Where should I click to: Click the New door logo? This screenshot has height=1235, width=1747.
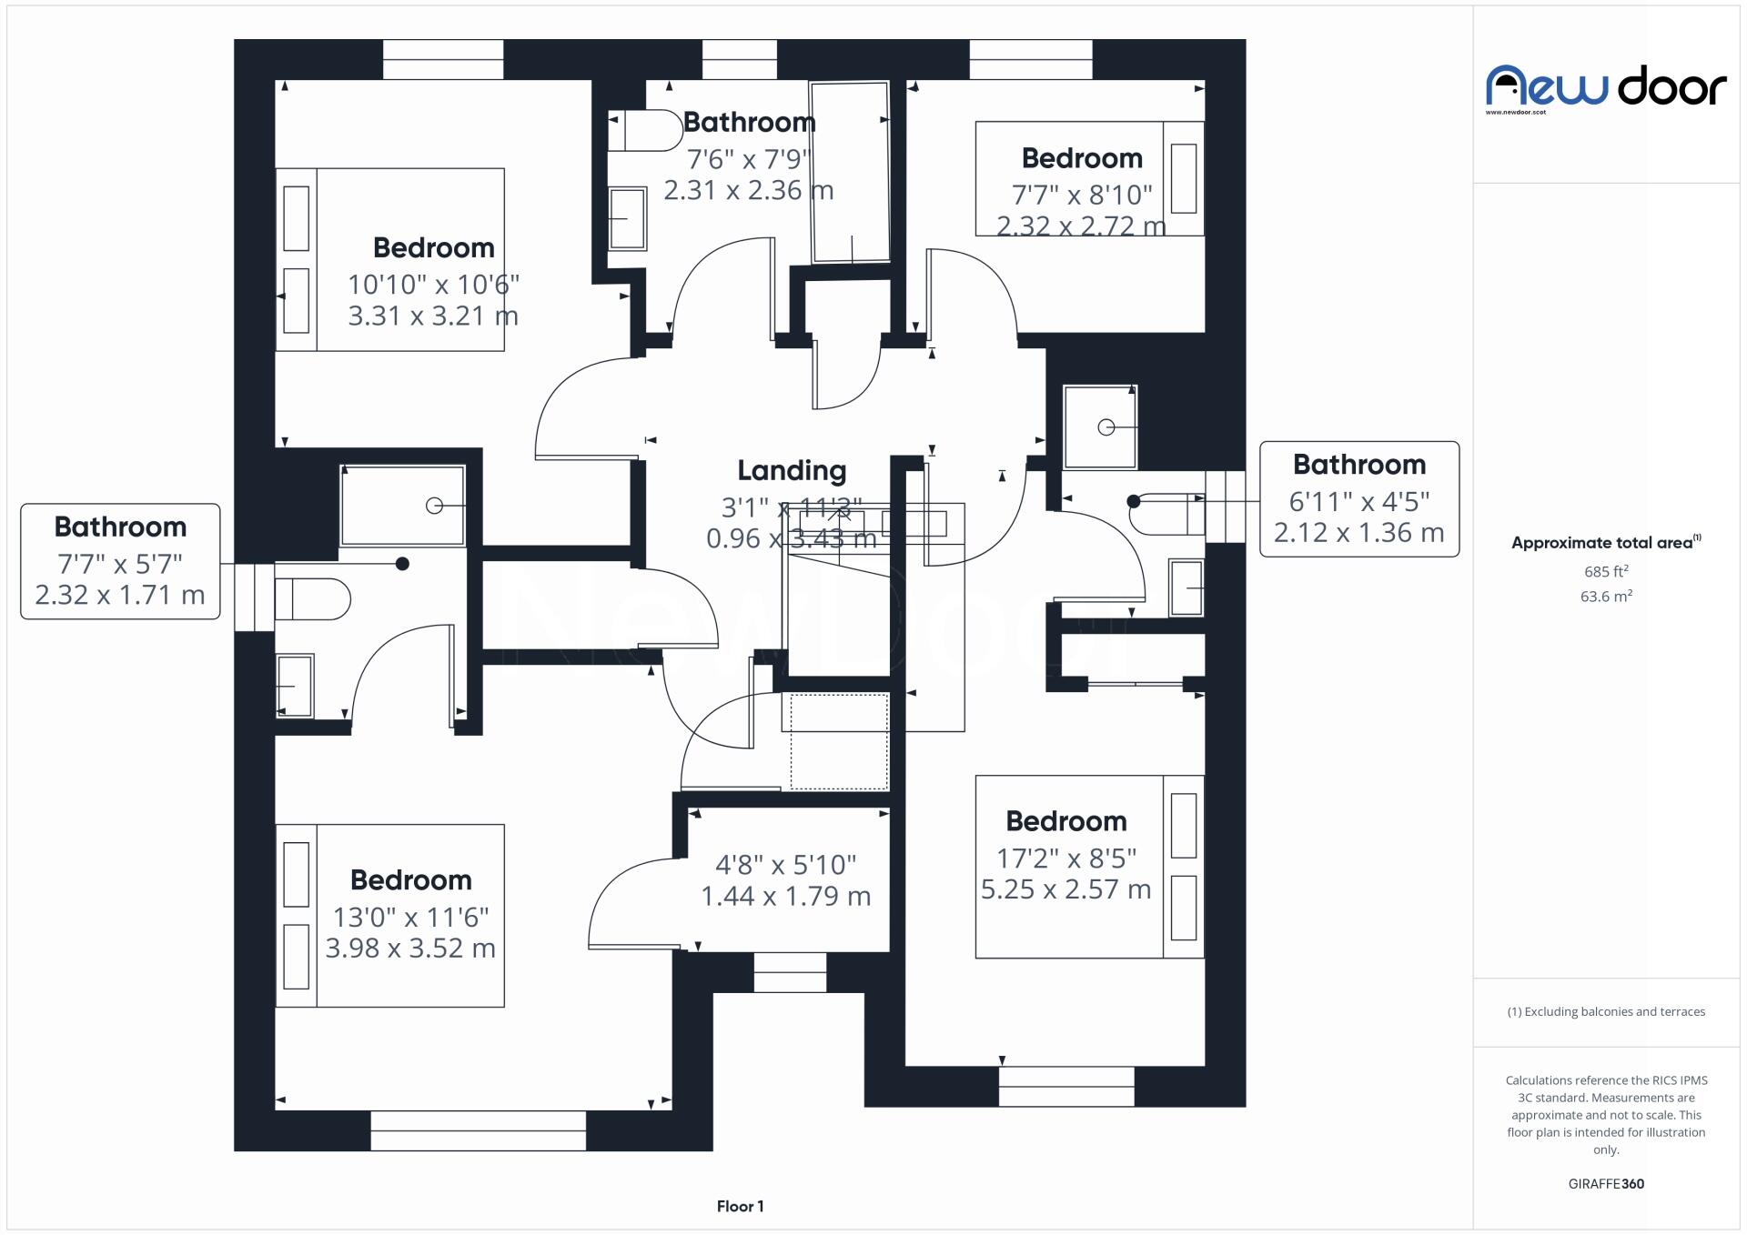[x=1605, y=88]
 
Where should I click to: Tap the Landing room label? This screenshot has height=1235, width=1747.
[x=791, y=470]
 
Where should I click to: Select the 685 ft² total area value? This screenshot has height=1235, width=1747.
[x=1605, y=572]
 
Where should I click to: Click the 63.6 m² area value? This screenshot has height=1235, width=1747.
[x=1605, y=597]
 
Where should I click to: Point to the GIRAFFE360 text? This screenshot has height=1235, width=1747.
[x=1606, y=1183]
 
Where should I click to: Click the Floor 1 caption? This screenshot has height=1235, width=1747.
[x=740, y=1206]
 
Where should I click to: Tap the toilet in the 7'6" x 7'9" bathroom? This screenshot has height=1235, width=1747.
[x=647, y=131]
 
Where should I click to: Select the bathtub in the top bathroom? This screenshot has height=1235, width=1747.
[x=850, y=172]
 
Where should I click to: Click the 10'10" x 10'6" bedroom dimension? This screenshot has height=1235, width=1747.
[x=433, y=285]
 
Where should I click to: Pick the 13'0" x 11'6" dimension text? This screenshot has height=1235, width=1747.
[x=410, y=917]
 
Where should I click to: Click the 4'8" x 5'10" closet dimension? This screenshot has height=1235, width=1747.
[x=785, y=864]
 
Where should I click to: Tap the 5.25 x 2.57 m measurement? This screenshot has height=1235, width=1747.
[x=1065, y=889]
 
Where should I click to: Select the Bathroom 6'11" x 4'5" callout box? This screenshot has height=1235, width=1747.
[x=1358, y=498]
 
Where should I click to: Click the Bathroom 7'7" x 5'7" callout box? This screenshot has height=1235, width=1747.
[x=120, y=561]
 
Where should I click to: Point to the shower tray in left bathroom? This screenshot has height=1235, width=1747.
[x=402, y=506]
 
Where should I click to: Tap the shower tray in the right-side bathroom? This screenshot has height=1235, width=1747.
[x=1099, y=427]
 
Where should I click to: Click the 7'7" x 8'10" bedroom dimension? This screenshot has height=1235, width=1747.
[x=1081, y=195]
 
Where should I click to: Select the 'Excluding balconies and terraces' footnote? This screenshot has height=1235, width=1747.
[x=1606, y=1011]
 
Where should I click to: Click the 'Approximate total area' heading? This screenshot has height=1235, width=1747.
[x=1605, y=543]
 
